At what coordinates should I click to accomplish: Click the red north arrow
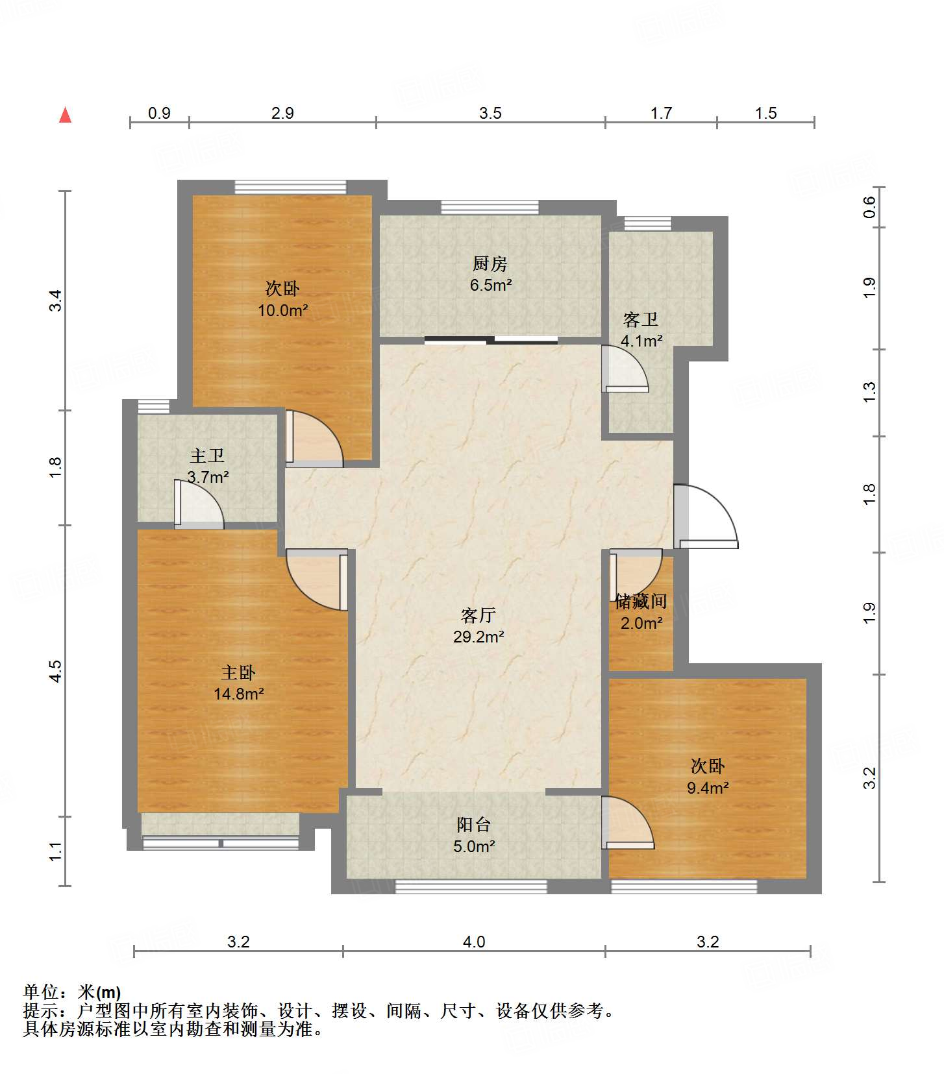pyautogui.click(x=65, y=115)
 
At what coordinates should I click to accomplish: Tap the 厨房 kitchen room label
pyautogui.click(x=490, y=263)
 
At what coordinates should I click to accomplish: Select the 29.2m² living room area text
pyautogui.click(x=478, y=637)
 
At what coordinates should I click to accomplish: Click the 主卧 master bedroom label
pyautogui.click(x=238, y=672)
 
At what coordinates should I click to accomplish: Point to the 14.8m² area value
pyautogui.click(x=238, y=694)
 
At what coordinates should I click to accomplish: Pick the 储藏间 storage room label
pyautogui.click(x=641, y=602)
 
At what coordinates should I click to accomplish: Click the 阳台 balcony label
pyautogui.click(x=474, y=825)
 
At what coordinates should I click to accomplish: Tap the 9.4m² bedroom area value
pyautogui.click(x=708, y=788)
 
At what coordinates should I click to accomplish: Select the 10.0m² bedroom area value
pyautogui.click(x=282, y=310)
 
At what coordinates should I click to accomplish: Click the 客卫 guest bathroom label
pyautogui.click(x=641, y=319)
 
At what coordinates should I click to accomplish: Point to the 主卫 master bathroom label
pyautogui.click(x=207, y=456)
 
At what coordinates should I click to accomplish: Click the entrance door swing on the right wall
pyautogui.click(x=706, y=517)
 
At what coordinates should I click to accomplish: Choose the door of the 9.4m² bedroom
pyautogui.click(x=628, y=823)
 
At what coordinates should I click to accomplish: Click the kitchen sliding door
pyautogui.click(x=491, y=339)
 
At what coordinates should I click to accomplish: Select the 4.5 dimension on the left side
pyautogui.click(x=56, y=670)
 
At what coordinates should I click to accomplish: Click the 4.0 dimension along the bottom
pyautogui.click(x=474, y=942)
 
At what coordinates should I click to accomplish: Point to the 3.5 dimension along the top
pyautogui.click(x=490, y=113)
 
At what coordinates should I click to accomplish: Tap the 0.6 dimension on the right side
pyautogui.click(x=869, y=207)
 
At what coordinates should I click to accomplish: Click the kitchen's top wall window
pyautogui.click(x=490, y=208)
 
